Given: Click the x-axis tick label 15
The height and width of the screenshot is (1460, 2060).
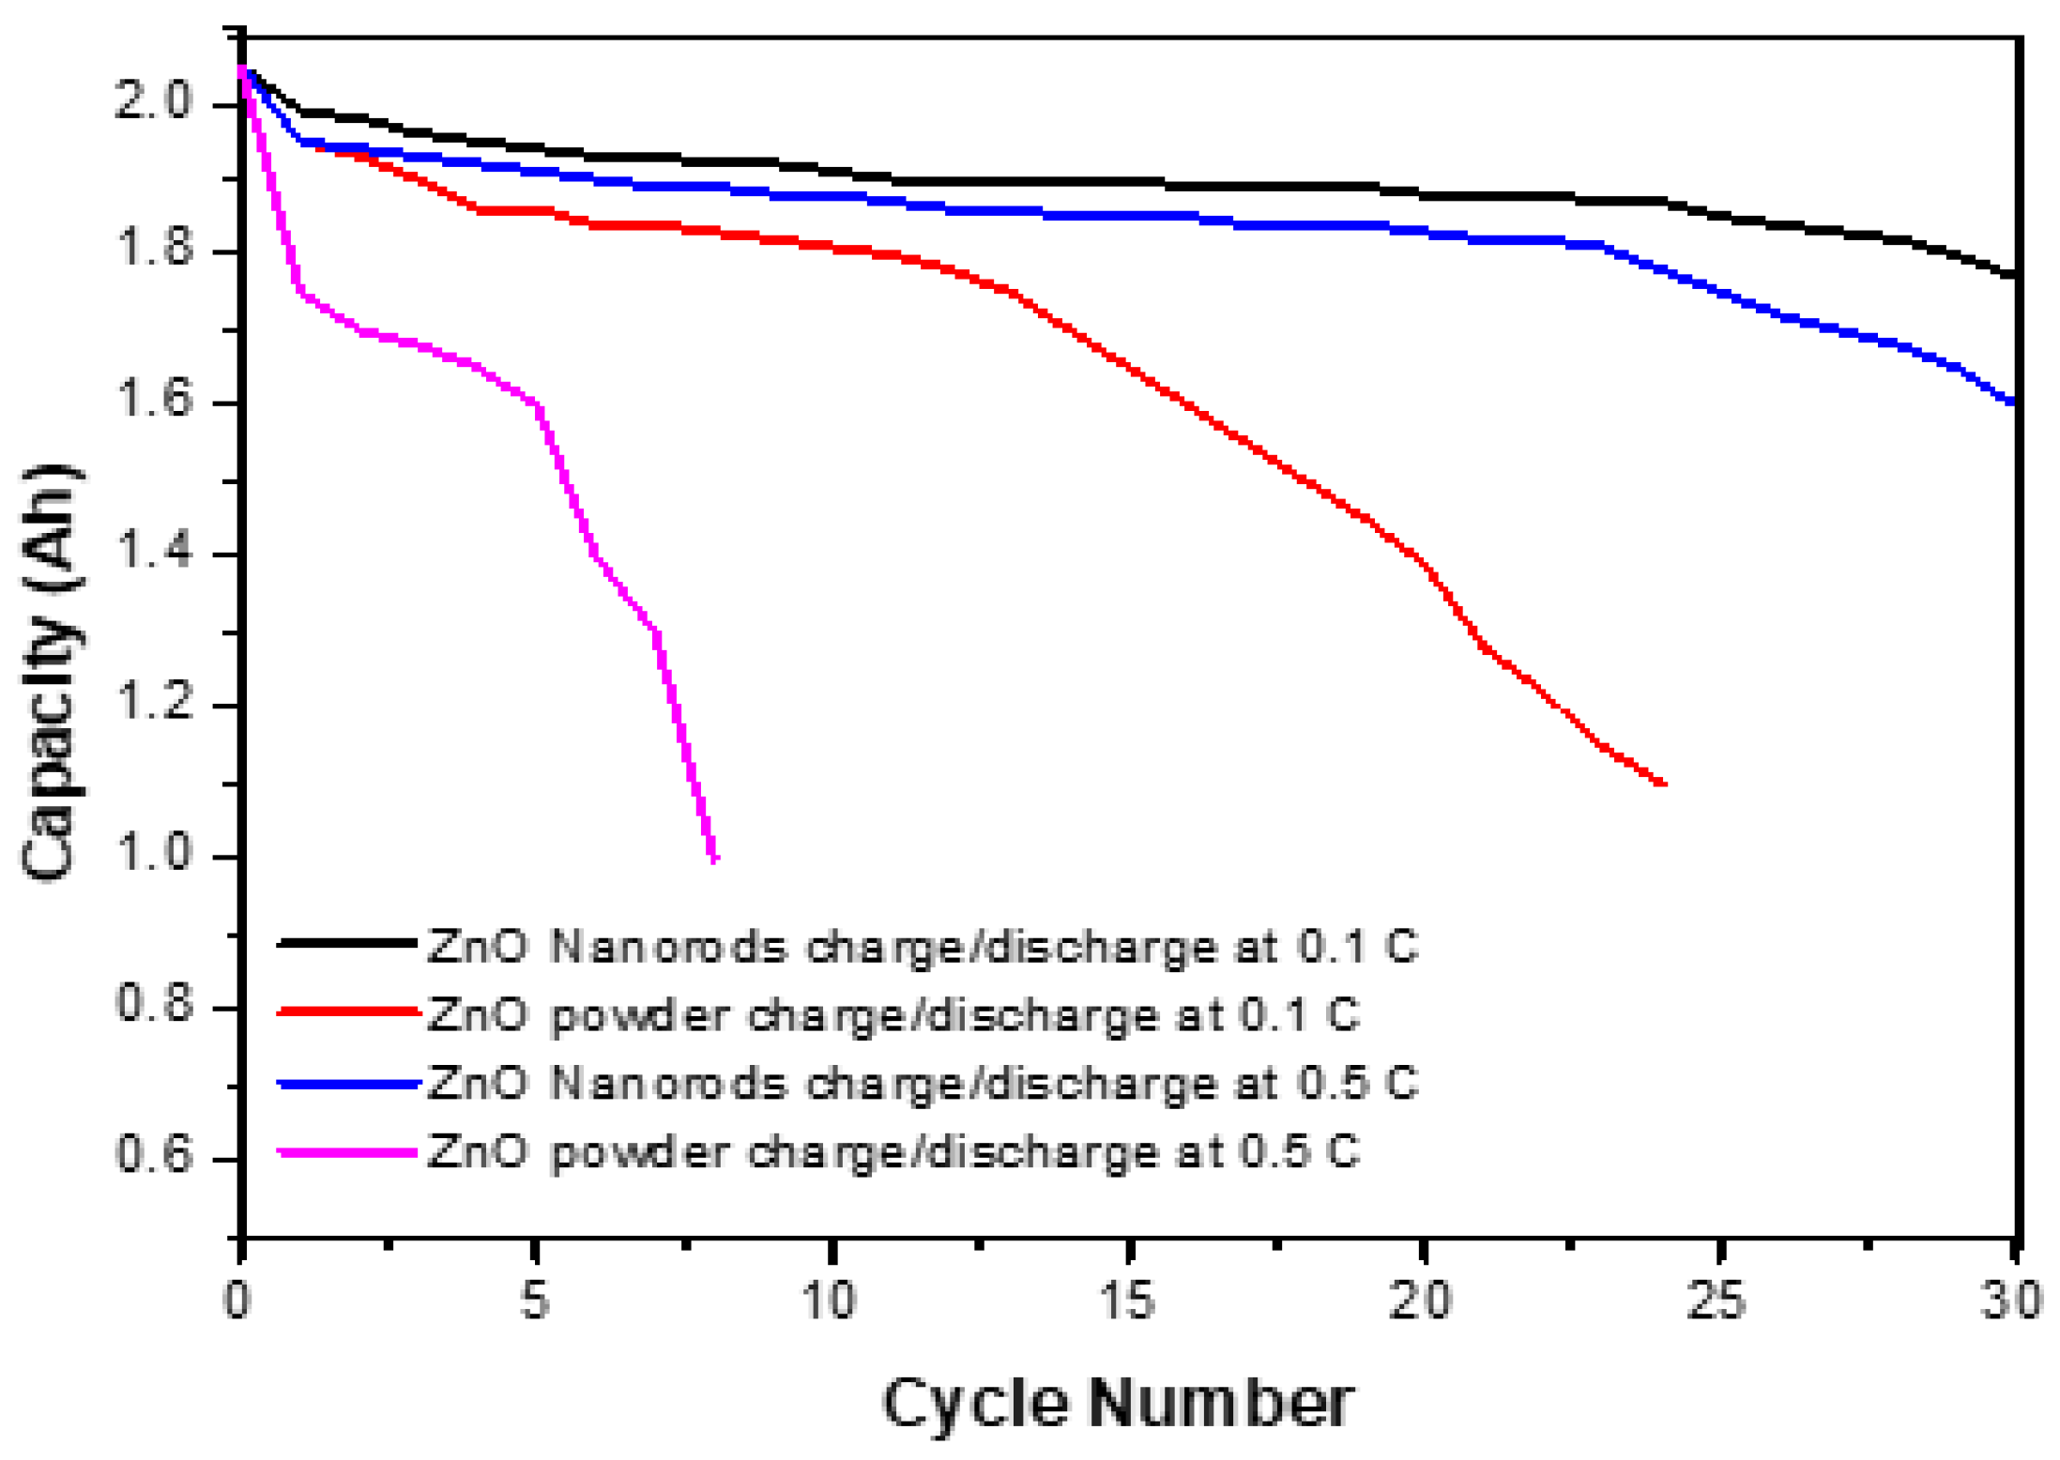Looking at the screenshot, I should pyautogui.click(x=1126, y=1301).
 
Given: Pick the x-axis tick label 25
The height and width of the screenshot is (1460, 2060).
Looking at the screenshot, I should pyautogui.click(x=1717, y=1301).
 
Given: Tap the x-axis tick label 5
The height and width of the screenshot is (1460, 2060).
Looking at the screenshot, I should pyautogui.click(x=535, y=1301).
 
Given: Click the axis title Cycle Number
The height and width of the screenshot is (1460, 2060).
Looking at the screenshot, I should pyautogui.click(x=1117, y=1404).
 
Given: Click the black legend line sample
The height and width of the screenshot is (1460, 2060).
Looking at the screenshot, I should pyautogui.click(x=347, y=943).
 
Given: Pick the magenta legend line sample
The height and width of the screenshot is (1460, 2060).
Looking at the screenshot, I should pyautogui.click(x=347, y=1152).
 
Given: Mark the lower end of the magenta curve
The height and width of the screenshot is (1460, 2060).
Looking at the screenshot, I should pyautogui.click(x=715, y=858).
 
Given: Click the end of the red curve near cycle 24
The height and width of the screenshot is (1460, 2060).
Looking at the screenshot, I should pyautogui.click(x=1662, y=783).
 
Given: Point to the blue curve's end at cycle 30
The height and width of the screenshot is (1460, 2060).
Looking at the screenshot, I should pyautogui.click(x=2013, y=402).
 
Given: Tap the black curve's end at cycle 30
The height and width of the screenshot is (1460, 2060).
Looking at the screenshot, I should pyautogui.click(x=2013, y=275).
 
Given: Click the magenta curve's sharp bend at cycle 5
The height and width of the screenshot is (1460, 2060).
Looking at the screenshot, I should pyautogui.click(x=538, y=404).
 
